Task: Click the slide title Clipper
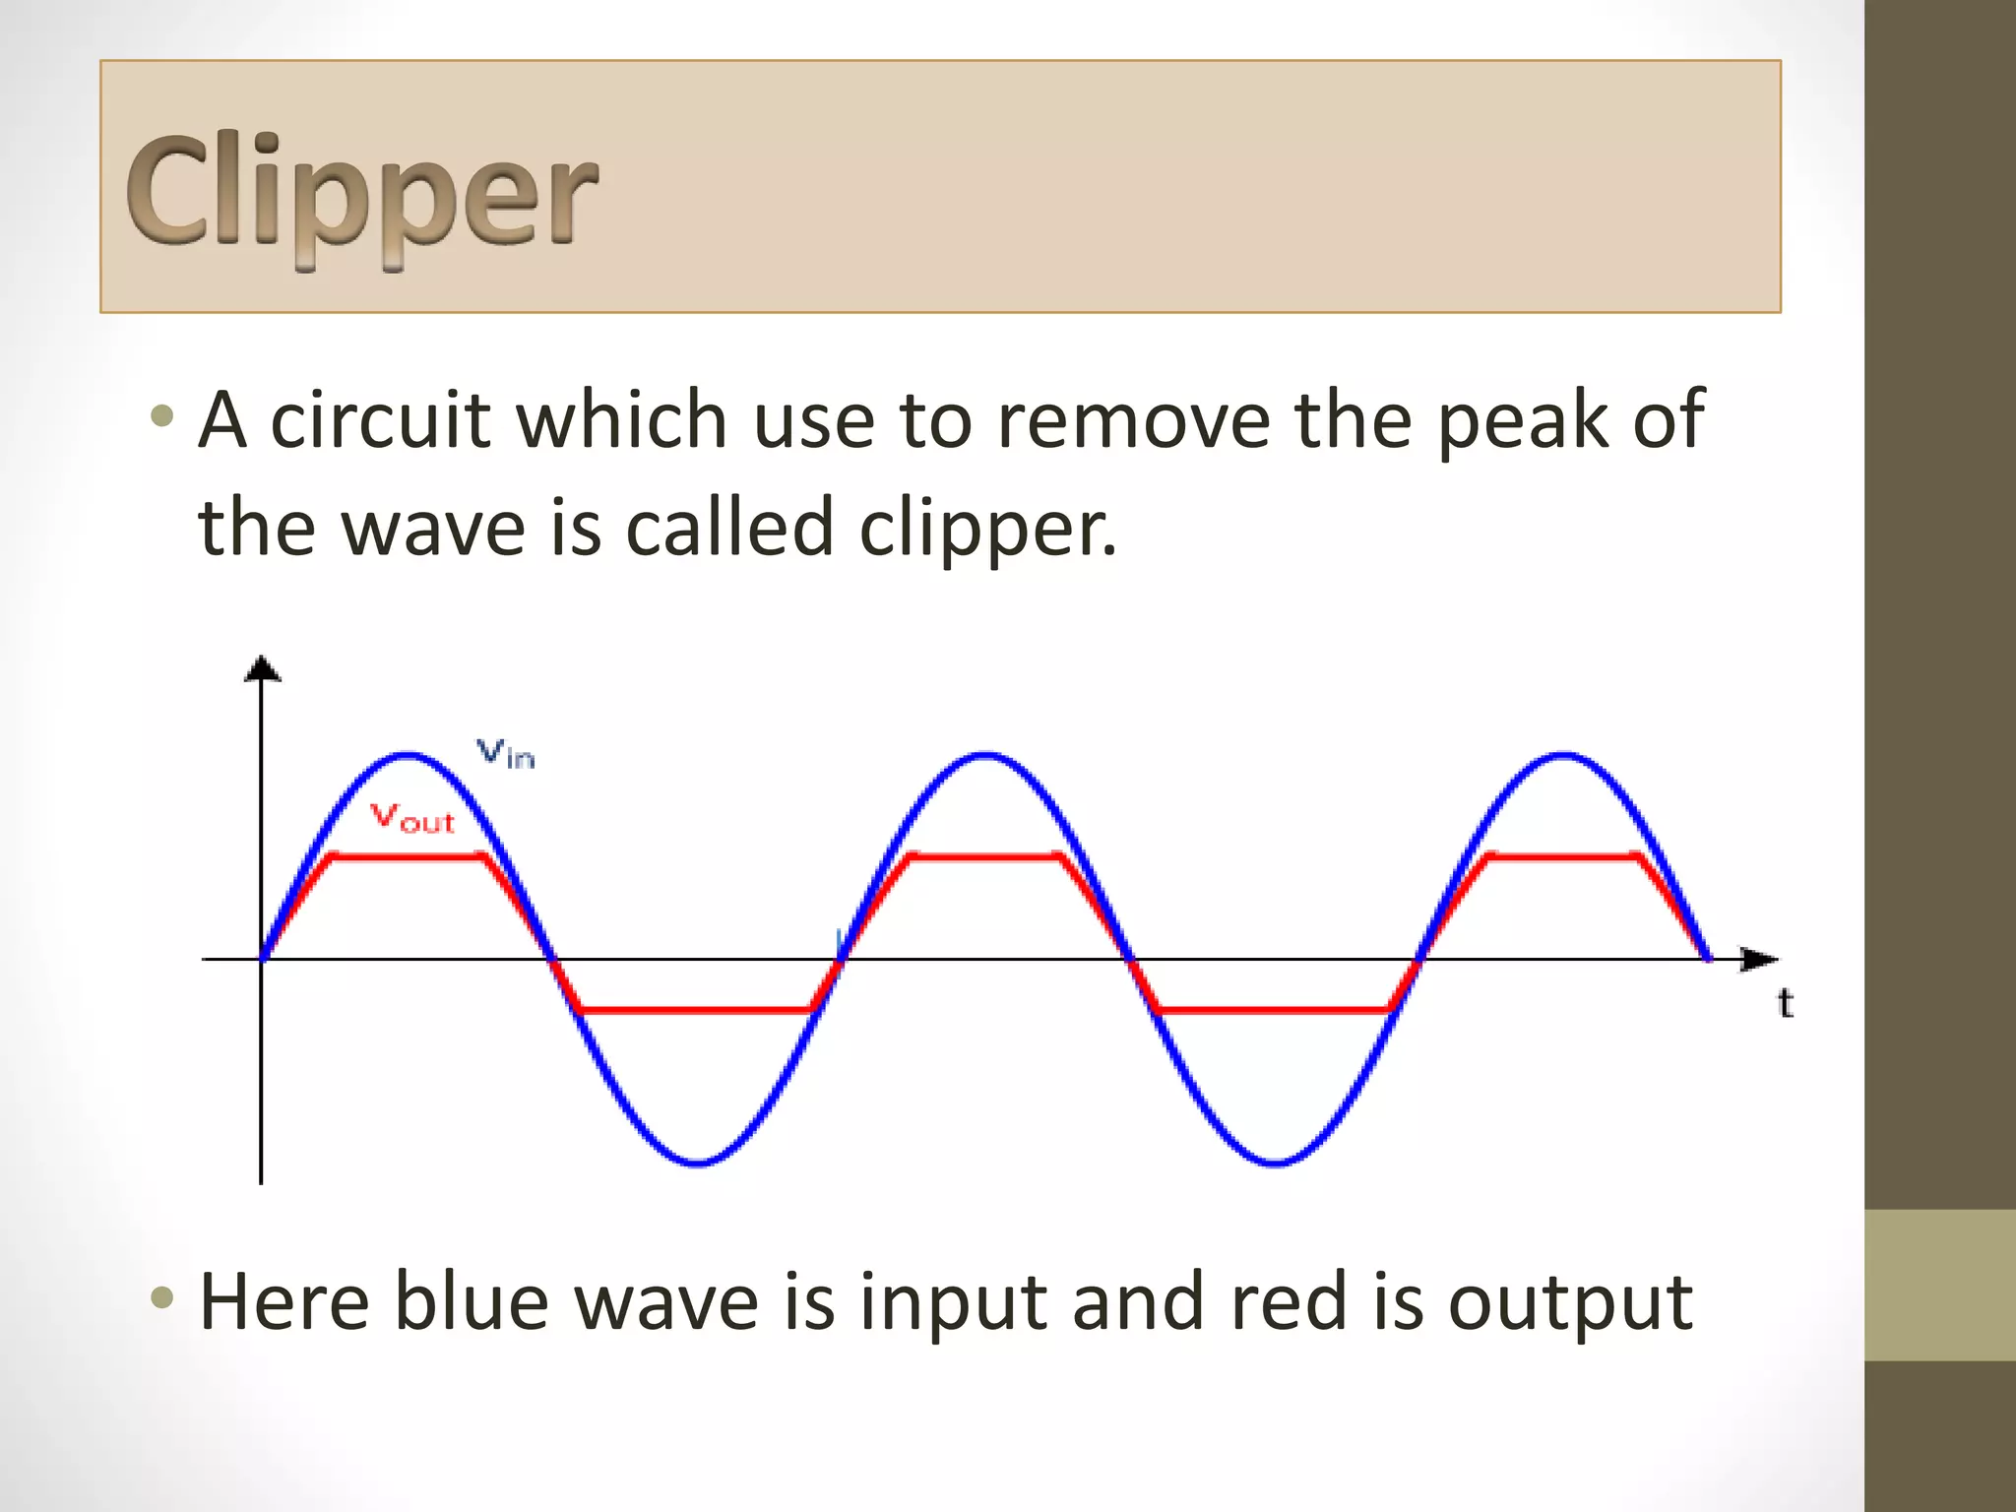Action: [361, 192]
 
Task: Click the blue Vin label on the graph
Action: [506, 754]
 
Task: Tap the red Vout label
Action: [412, 818]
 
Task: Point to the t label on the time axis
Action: [1786, 1003]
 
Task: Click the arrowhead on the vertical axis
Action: [262, 668]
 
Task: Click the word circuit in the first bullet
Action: [379, 420]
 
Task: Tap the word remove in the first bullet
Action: [1132, 420]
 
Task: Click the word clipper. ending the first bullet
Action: [988, 529]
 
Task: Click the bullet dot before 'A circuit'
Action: [162, 416]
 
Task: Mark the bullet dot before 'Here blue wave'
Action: [162, 1298]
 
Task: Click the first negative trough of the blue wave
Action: [698, 1163]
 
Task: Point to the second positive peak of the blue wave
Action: [985, 756]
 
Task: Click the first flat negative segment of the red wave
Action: [695, 1010]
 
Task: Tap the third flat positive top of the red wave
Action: [1563, 857]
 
